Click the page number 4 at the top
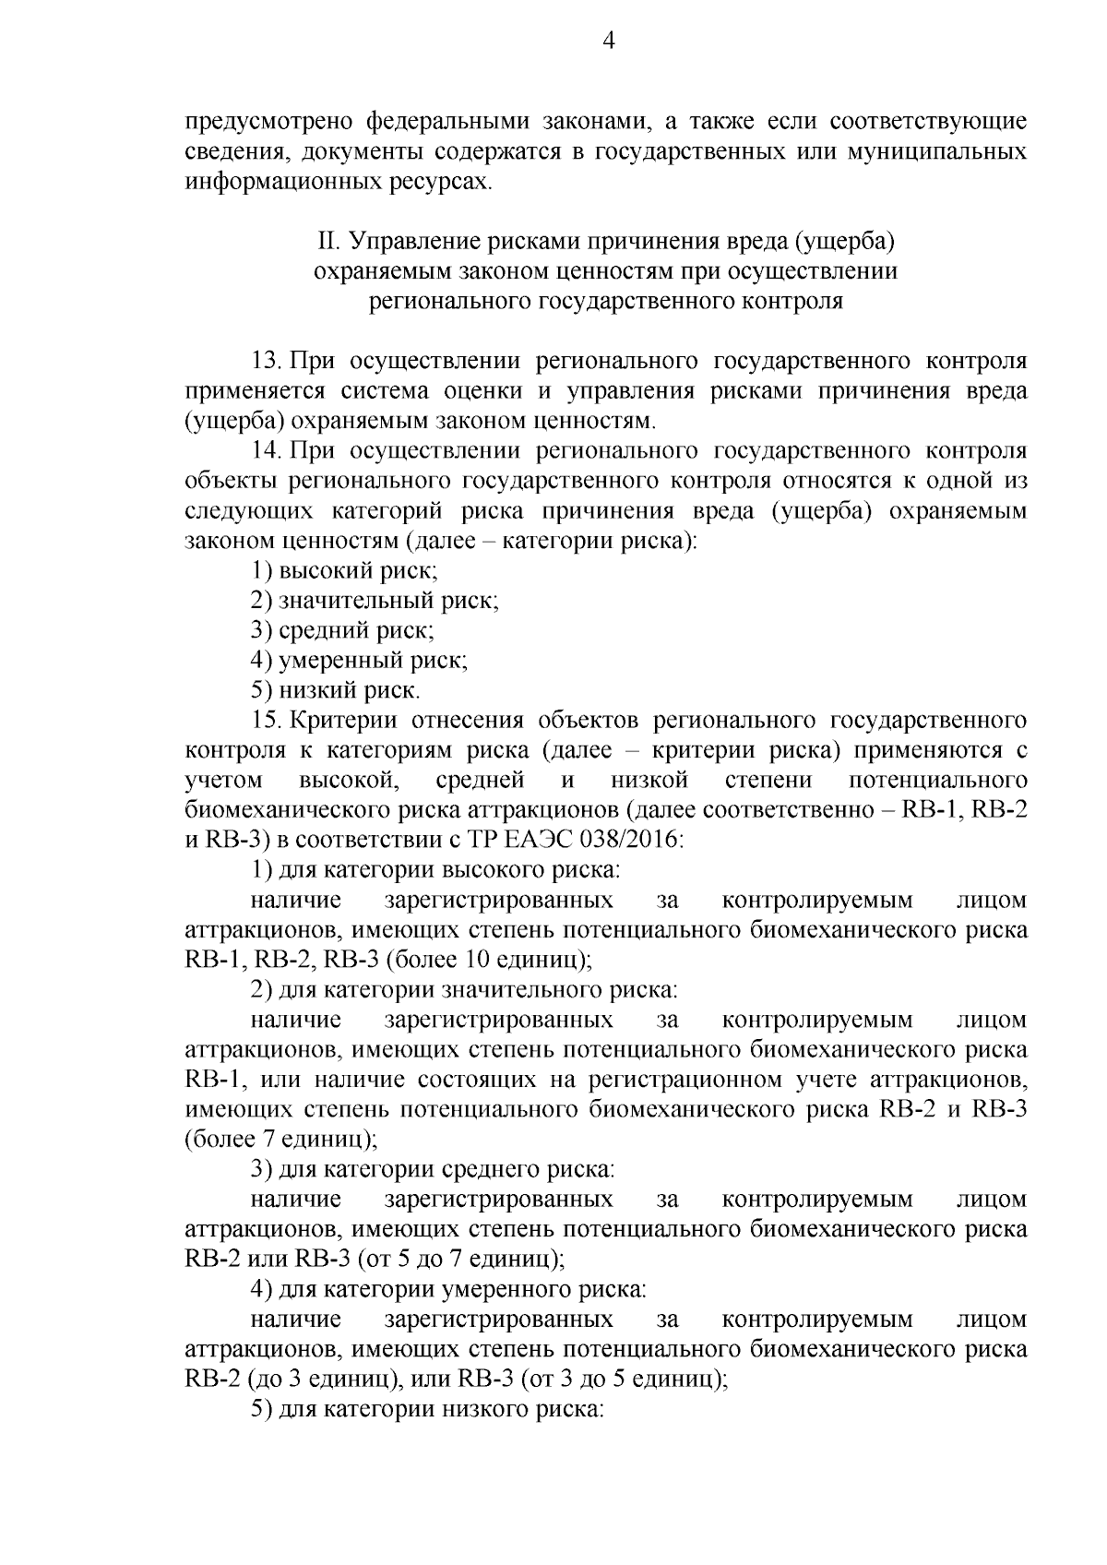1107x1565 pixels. click(x=606, y=41)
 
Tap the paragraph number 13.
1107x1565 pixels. click(x=267, y=361)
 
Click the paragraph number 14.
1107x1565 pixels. click(x=267, y=451)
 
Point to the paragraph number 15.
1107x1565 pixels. click(x=267, y=721)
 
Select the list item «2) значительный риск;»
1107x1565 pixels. click(x=375, y=601)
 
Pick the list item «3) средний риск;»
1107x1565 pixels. click(x=342, y=631)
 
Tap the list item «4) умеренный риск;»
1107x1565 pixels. click(x=359, y=661)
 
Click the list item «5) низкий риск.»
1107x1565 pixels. click(x=336, y=690)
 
